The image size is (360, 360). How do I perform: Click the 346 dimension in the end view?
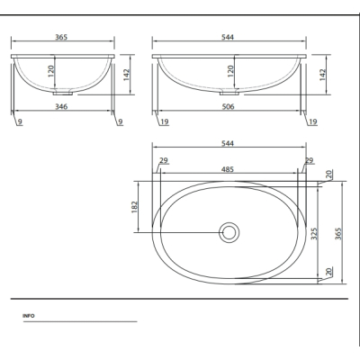pyautogui.click(x=61, y=106)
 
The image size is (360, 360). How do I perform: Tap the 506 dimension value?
pyautogui.click(x=229, y=106)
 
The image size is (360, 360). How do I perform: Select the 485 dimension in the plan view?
pyautogui.click(x=228, y=169)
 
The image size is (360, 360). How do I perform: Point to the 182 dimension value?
pyautogui.click(x=134, y=207)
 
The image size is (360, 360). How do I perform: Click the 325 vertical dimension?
pyautogui.click(x=314, y=234)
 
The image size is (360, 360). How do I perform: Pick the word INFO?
pyautogui.click(x=29, y=316)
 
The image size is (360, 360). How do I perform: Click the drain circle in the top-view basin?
pyautogui.click(x=229, y=232)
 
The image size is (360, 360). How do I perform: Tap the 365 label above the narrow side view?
pyautogui.click(x=61, y=37)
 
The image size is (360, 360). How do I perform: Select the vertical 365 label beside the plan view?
pyautogui.click(x=338, y=234)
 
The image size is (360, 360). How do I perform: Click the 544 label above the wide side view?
pyautogui.click(x=228, y=37)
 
